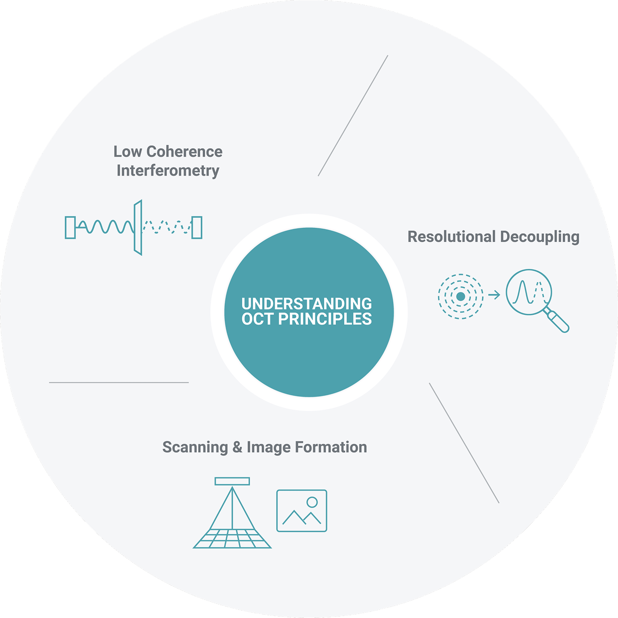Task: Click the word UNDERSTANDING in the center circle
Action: coord(306,304)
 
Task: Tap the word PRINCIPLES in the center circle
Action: coord(325,319)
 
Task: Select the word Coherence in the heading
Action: coord(184,151)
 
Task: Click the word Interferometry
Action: coord(168,170)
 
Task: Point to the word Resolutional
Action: coord(452,237)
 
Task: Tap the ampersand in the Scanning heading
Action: coord(237,447)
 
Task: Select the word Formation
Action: coord(331,447)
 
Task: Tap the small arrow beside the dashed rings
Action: coord(494,295)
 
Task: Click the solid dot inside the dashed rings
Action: coord(461,296)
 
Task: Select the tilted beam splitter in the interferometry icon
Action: coord(138,228)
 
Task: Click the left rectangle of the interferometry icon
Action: coord(70,228)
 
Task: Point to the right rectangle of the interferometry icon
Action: coord(197,228)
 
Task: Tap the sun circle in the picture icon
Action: coord(312,502)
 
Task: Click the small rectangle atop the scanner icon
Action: coord(232,481)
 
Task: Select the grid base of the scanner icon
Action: coord(232,538)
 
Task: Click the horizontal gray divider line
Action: coord(119,382)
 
